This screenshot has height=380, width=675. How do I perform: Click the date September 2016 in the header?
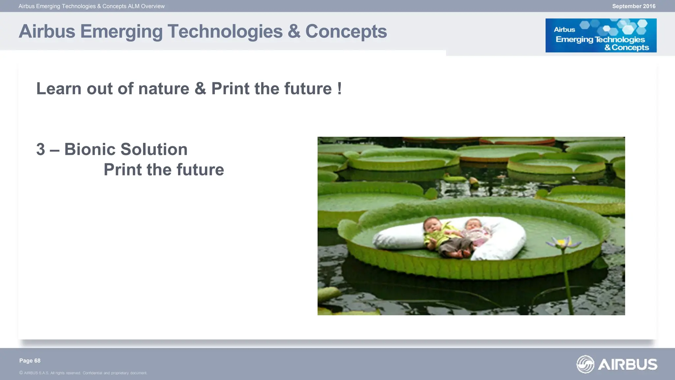(633, 6)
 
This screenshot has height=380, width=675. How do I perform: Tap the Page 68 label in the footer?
(30, 361)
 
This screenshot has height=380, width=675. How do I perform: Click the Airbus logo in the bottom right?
(617, 364)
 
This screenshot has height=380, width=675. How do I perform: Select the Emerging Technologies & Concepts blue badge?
(601, 35)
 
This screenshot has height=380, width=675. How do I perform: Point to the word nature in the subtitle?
(164, 89)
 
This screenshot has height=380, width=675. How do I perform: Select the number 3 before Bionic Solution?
(41, 149)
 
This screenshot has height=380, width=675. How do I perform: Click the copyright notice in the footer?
(83, 373)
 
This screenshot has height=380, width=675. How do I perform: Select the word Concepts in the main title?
(346, 32)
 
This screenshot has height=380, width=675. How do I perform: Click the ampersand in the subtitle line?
(200, 89)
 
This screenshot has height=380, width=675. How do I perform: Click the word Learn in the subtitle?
(59, 89)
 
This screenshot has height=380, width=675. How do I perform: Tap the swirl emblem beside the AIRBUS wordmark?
(585, 364)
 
